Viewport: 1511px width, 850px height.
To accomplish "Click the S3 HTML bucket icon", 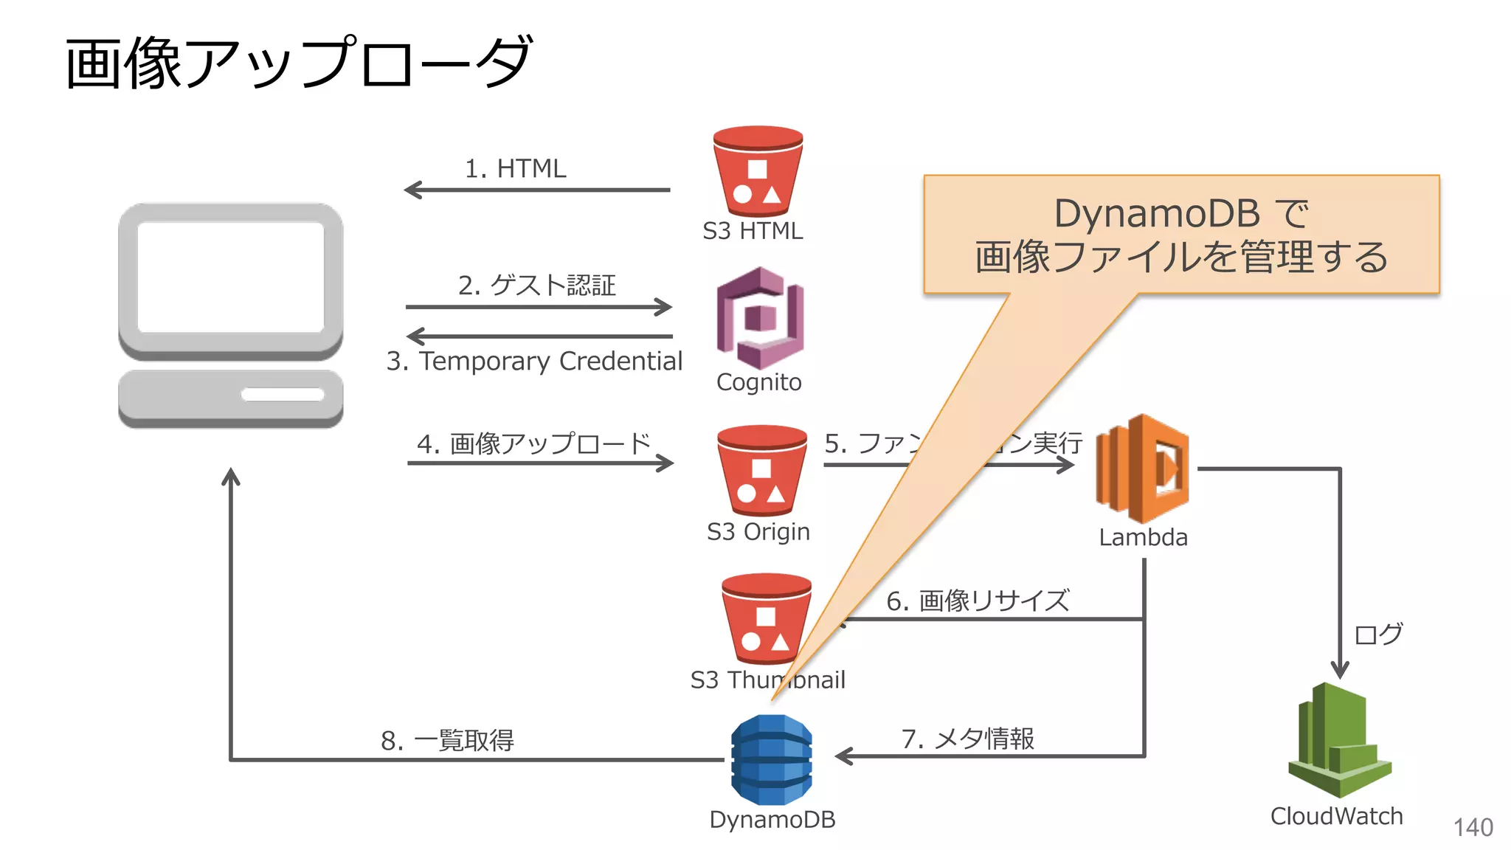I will click(758, 171).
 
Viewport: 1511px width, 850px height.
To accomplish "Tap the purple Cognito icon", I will click(759, 318).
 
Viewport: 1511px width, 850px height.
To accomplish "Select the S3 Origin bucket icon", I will click(761, 470).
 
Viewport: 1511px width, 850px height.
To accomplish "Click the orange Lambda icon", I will click(1142, 468).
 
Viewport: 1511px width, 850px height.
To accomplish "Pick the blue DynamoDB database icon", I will click(771, 760).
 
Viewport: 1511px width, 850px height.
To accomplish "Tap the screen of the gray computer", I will click(231, 277).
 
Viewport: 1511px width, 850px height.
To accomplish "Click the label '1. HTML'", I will click(515, 168).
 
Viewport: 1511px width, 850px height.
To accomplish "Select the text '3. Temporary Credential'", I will click(534, 361).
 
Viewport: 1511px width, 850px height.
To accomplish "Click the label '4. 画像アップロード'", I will click(533, 443).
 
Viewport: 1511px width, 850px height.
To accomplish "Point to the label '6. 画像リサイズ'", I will click(977, 601).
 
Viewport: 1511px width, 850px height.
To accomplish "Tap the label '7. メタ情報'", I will click(967, 738).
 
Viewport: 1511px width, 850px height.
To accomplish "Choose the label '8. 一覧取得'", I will click(447, 740).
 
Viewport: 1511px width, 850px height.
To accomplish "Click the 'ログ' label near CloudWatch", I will click(1378, 634).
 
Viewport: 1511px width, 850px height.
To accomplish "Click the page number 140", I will click(1473, 827).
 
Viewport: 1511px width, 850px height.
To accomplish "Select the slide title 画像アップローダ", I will click(298, 63).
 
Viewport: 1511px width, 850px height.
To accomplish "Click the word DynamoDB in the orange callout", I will click(1156, 214).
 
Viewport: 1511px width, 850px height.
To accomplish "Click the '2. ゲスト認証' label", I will click(536, 285).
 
